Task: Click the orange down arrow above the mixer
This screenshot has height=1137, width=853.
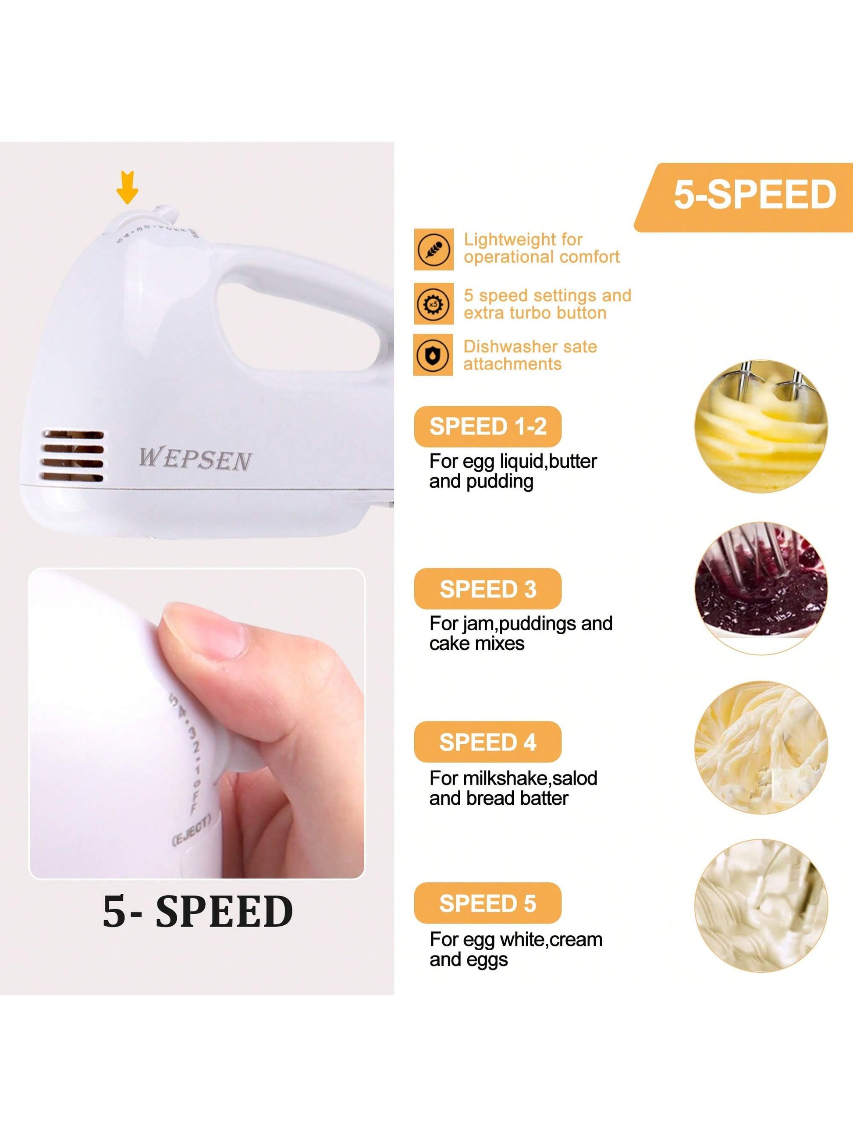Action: [127, 187]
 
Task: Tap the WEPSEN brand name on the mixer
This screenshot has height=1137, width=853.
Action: [195, 459]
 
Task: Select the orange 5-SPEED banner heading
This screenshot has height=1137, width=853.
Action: [754, 195]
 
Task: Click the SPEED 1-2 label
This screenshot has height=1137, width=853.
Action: [487, 426]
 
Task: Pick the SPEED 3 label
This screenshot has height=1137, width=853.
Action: [487, 589]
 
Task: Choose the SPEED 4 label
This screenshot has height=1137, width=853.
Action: [487, 742]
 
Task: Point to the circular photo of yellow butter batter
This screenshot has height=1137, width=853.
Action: [761, 426]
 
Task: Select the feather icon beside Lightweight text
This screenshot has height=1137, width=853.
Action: [434, 250]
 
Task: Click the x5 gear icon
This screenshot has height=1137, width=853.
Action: [434, 304]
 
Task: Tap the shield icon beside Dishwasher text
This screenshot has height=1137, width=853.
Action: [434, 355]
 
